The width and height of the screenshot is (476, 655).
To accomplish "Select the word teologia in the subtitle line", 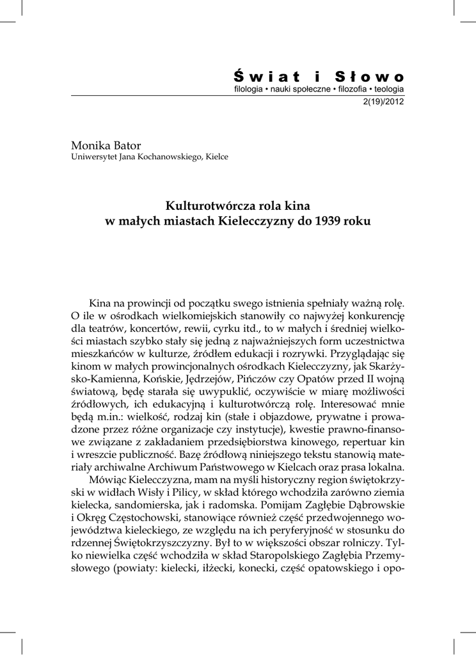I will [389, 90].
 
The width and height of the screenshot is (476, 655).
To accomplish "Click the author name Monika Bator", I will [101, 145].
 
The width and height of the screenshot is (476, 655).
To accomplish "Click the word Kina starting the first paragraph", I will [101, 302].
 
